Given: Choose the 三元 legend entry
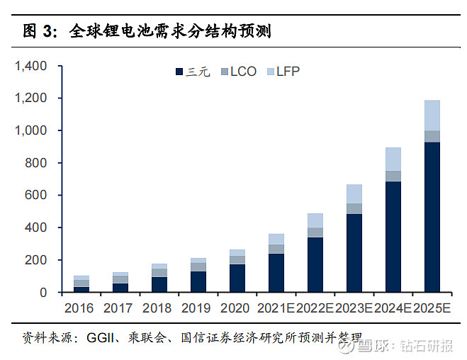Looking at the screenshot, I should pos(192,72).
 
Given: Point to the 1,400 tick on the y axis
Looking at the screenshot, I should pos(30,66).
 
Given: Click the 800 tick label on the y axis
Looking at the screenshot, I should pos(35,163).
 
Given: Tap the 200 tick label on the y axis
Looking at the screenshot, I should pos(35,260).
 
